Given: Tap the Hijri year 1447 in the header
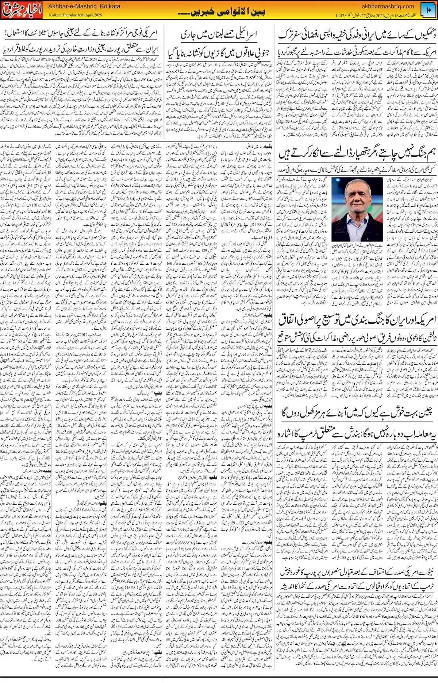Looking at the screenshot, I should click(x=343, y=15).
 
